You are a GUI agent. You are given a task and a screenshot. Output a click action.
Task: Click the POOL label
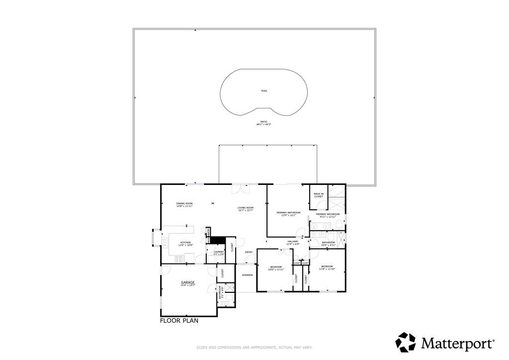(264, 91)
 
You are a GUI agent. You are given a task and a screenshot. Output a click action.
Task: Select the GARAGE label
(187, 282)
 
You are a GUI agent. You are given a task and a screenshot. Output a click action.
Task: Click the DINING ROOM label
(184, 204)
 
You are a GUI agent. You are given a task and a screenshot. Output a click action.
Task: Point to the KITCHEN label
(185, 243)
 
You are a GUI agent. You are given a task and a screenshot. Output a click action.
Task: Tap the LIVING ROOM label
(246, 208)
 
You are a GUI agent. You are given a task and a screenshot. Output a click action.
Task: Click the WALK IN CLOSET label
(319, 195)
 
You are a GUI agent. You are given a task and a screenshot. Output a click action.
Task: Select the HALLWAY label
(292, 242)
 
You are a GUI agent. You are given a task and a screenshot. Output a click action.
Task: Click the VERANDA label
(248, 275)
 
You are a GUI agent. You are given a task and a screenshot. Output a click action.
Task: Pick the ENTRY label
(249, 252)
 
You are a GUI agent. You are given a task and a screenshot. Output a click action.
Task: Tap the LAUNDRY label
(219, 252)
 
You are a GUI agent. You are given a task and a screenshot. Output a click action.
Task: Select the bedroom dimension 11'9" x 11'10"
(327, 269)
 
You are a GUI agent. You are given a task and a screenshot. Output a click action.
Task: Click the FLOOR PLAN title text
(179, 321)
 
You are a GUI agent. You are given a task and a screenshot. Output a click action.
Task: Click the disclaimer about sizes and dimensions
(254, 348)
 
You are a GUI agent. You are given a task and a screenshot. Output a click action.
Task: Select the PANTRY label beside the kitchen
(209, 232)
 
